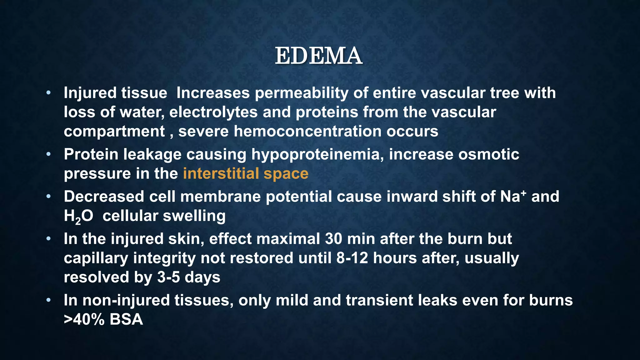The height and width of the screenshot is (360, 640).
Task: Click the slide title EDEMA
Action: coord(318,56)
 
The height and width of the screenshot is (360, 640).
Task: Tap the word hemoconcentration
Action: coord(307,131)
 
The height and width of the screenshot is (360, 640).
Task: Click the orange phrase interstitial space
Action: coord(246,174)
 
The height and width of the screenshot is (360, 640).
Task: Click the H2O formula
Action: coord(78,216)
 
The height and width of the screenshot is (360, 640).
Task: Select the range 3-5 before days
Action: coord(168,277)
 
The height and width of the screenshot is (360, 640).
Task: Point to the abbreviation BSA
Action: coord(126,320)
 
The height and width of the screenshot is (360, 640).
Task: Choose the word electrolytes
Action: coord(213,112)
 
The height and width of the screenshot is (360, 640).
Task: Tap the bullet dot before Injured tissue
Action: coord(48,93)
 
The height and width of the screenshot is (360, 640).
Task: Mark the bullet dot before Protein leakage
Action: coord(48,154)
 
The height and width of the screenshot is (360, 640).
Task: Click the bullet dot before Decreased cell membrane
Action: coord(48,197)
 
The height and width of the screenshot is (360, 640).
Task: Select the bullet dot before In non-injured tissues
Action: coord(48,300)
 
